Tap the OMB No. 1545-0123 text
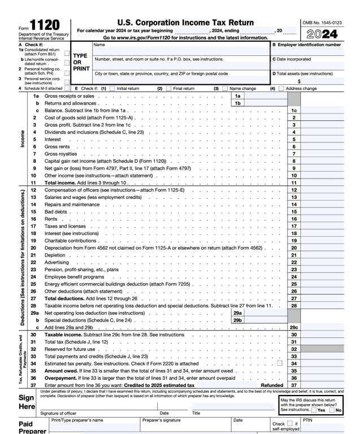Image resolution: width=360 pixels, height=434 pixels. (322, 23)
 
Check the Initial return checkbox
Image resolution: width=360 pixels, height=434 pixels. (112, 89)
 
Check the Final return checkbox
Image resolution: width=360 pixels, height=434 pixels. (168, 89)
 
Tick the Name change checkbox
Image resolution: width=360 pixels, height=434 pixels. (225, 89)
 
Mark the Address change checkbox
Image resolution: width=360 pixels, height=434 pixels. (281, 89)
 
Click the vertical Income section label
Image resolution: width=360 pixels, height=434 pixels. (23, 139)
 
